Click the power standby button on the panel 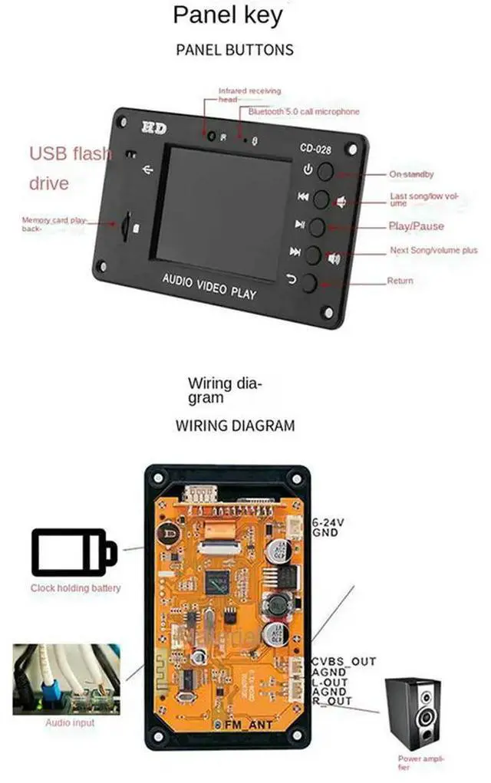[326, 171]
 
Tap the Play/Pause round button [317, 226]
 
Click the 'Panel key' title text [227, 15]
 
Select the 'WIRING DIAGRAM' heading [235, 425]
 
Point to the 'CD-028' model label [315, 150]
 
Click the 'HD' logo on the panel [154, 128]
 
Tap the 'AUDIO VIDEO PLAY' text [209, 286]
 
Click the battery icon [74, 551]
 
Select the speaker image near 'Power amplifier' [420, 713]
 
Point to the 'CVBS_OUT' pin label [343, 662]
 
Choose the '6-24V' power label [328, 522]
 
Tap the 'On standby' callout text [411, 175]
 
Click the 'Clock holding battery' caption [76, 588]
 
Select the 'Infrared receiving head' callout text [249, 95]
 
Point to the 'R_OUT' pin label [331, 701]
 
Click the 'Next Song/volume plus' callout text [433, 251]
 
